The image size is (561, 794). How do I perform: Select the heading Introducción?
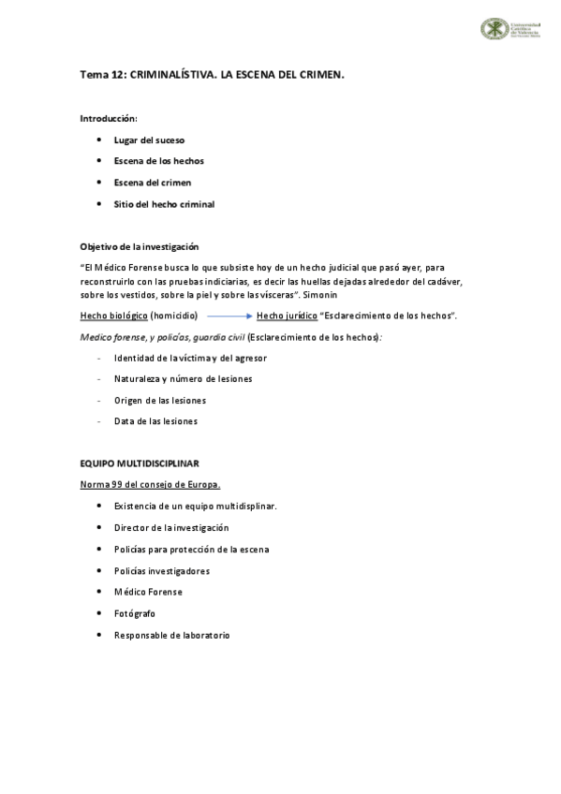[x=109, y=119]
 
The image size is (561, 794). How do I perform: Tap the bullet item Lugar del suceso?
[x=149, y=140]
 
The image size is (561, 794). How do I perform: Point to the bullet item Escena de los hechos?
[x=158, y=161]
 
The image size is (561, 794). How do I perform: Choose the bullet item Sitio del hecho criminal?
[x=164, y=204]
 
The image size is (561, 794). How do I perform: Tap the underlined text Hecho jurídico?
[x=287, y=316]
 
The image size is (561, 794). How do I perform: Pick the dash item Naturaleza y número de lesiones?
[x=183, y=379]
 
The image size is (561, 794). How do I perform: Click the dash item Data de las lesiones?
[x=155, y=421]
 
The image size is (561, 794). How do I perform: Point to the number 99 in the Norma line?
[x=117, y=484]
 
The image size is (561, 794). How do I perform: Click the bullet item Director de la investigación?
[x=171, y=528]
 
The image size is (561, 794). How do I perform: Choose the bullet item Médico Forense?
[x=148, y=592]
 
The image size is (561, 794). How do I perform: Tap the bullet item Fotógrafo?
[x=135, y=613]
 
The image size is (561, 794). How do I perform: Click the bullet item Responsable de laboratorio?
[x=171, y=635]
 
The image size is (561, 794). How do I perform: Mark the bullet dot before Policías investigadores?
[x=99, y=570]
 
